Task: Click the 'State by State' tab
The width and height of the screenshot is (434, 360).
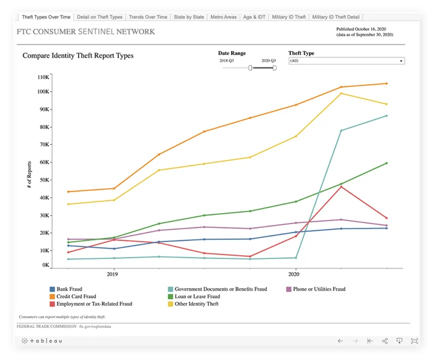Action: point(188,17)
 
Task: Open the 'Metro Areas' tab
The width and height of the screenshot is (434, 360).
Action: point(223,17)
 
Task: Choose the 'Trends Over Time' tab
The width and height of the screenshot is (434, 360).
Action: point(149,17)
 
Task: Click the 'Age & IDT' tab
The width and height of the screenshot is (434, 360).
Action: point(255,17)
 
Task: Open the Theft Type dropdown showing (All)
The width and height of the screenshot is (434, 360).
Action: point(347,61)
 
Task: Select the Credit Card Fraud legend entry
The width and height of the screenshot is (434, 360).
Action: point(76,296)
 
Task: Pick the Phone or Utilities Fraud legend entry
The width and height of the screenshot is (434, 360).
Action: point(319,289)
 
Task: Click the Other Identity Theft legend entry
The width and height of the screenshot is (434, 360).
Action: point(197,304)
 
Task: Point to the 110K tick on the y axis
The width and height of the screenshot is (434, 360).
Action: point(43,77)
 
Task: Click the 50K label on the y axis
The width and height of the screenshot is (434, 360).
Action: point(44,180)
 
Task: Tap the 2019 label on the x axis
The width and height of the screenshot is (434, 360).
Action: point(112,273)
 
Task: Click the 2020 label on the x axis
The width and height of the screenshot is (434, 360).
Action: point(294,273)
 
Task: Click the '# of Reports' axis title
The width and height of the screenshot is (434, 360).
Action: point(29,174)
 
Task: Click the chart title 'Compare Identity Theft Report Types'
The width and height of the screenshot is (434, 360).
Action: point(78,56)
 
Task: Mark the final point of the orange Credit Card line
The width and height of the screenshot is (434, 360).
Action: point(386,84)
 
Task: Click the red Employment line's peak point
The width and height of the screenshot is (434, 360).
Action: point(340,187)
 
